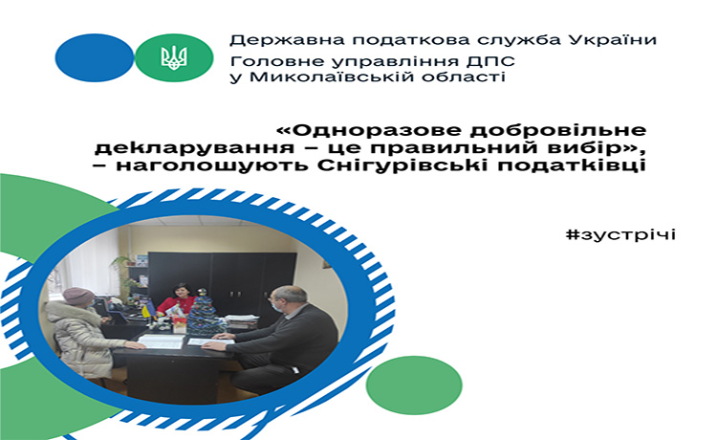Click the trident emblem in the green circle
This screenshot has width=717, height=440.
174,58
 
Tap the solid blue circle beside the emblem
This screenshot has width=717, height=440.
95,57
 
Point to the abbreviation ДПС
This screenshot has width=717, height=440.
491,61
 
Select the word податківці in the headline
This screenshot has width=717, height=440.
572,165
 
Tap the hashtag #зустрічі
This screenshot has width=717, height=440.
620,234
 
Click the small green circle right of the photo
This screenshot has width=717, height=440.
414,385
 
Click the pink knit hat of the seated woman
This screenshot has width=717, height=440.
77,296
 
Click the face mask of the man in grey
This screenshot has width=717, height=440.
275,305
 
